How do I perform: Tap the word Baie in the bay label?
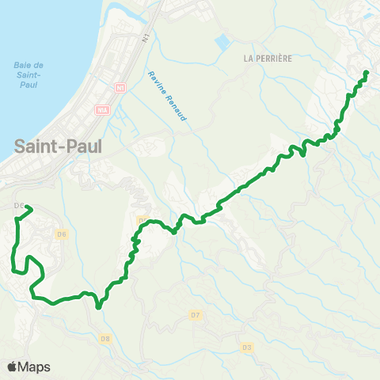click(22, 65)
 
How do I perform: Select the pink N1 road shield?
click(120, 87)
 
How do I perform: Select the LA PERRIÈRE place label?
click(262, 58)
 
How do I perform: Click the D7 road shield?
click(196, 315)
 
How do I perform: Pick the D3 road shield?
click(247, 347)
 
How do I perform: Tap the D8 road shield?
click(105, 339)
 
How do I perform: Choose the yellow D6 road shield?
click(62, 234)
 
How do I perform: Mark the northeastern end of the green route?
click(367, 73)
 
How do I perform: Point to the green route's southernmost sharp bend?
click(98, 307)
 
